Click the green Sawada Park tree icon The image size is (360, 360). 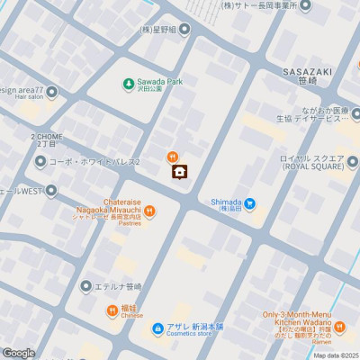[129, 85]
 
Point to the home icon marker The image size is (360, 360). [179, 172]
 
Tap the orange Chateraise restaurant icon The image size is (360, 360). [149, 211]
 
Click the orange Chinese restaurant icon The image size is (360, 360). [109, 310]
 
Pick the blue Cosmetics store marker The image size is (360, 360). [157, 328]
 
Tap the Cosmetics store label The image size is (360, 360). [195, 334]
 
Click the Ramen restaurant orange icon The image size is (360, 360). [339, 325]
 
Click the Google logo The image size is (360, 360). [18, 353]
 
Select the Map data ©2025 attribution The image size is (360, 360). [336, 355]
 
